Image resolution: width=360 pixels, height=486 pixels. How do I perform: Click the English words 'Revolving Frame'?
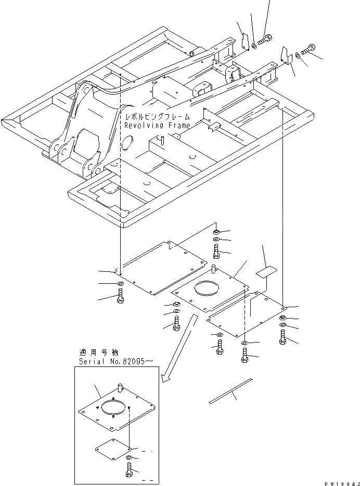[157, 125]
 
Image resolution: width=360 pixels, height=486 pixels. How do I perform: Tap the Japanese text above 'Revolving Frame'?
[157, 117]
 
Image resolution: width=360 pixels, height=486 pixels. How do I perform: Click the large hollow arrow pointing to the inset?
[179, 348]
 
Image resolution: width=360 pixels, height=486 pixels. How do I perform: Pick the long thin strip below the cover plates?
[229, 391]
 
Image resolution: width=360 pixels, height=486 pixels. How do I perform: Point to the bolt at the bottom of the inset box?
[130, 472]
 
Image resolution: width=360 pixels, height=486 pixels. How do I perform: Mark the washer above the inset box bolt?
[130, 457]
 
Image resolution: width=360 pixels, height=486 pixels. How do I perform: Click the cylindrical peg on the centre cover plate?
[214, 269]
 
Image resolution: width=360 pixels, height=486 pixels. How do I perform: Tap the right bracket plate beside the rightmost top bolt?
[285, 55]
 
